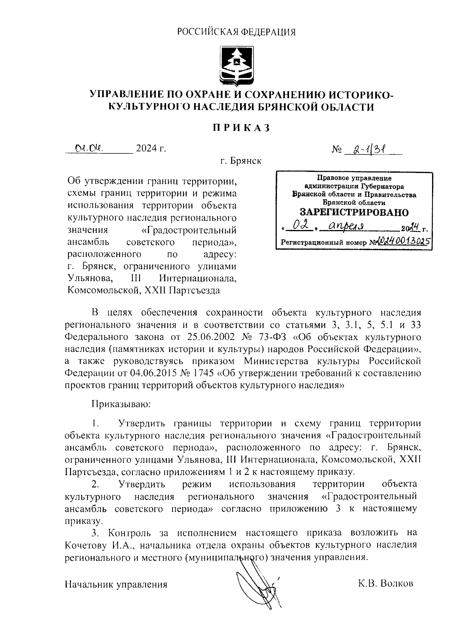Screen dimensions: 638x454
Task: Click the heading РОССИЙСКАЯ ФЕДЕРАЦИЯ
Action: [236, 32]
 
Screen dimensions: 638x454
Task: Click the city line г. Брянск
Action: [241, 161]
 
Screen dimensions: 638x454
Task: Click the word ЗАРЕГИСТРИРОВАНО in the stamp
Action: [354, 212]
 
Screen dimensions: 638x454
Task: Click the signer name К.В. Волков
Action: [386, 584]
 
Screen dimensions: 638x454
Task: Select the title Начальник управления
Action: [116, 585]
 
